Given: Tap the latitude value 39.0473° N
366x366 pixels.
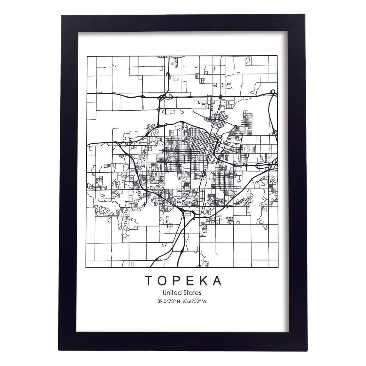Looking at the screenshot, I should (170, 301).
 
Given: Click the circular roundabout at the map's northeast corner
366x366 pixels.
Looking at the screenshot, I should (273, 92).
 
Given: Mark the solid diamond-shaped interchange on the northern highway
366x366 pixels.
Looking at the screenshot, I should (221, 96).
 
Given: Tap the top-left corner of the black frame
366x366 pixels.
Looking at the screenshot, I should (62, 16).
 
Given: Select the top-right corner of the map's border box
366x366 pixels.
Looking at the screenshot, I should (277, 56).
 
